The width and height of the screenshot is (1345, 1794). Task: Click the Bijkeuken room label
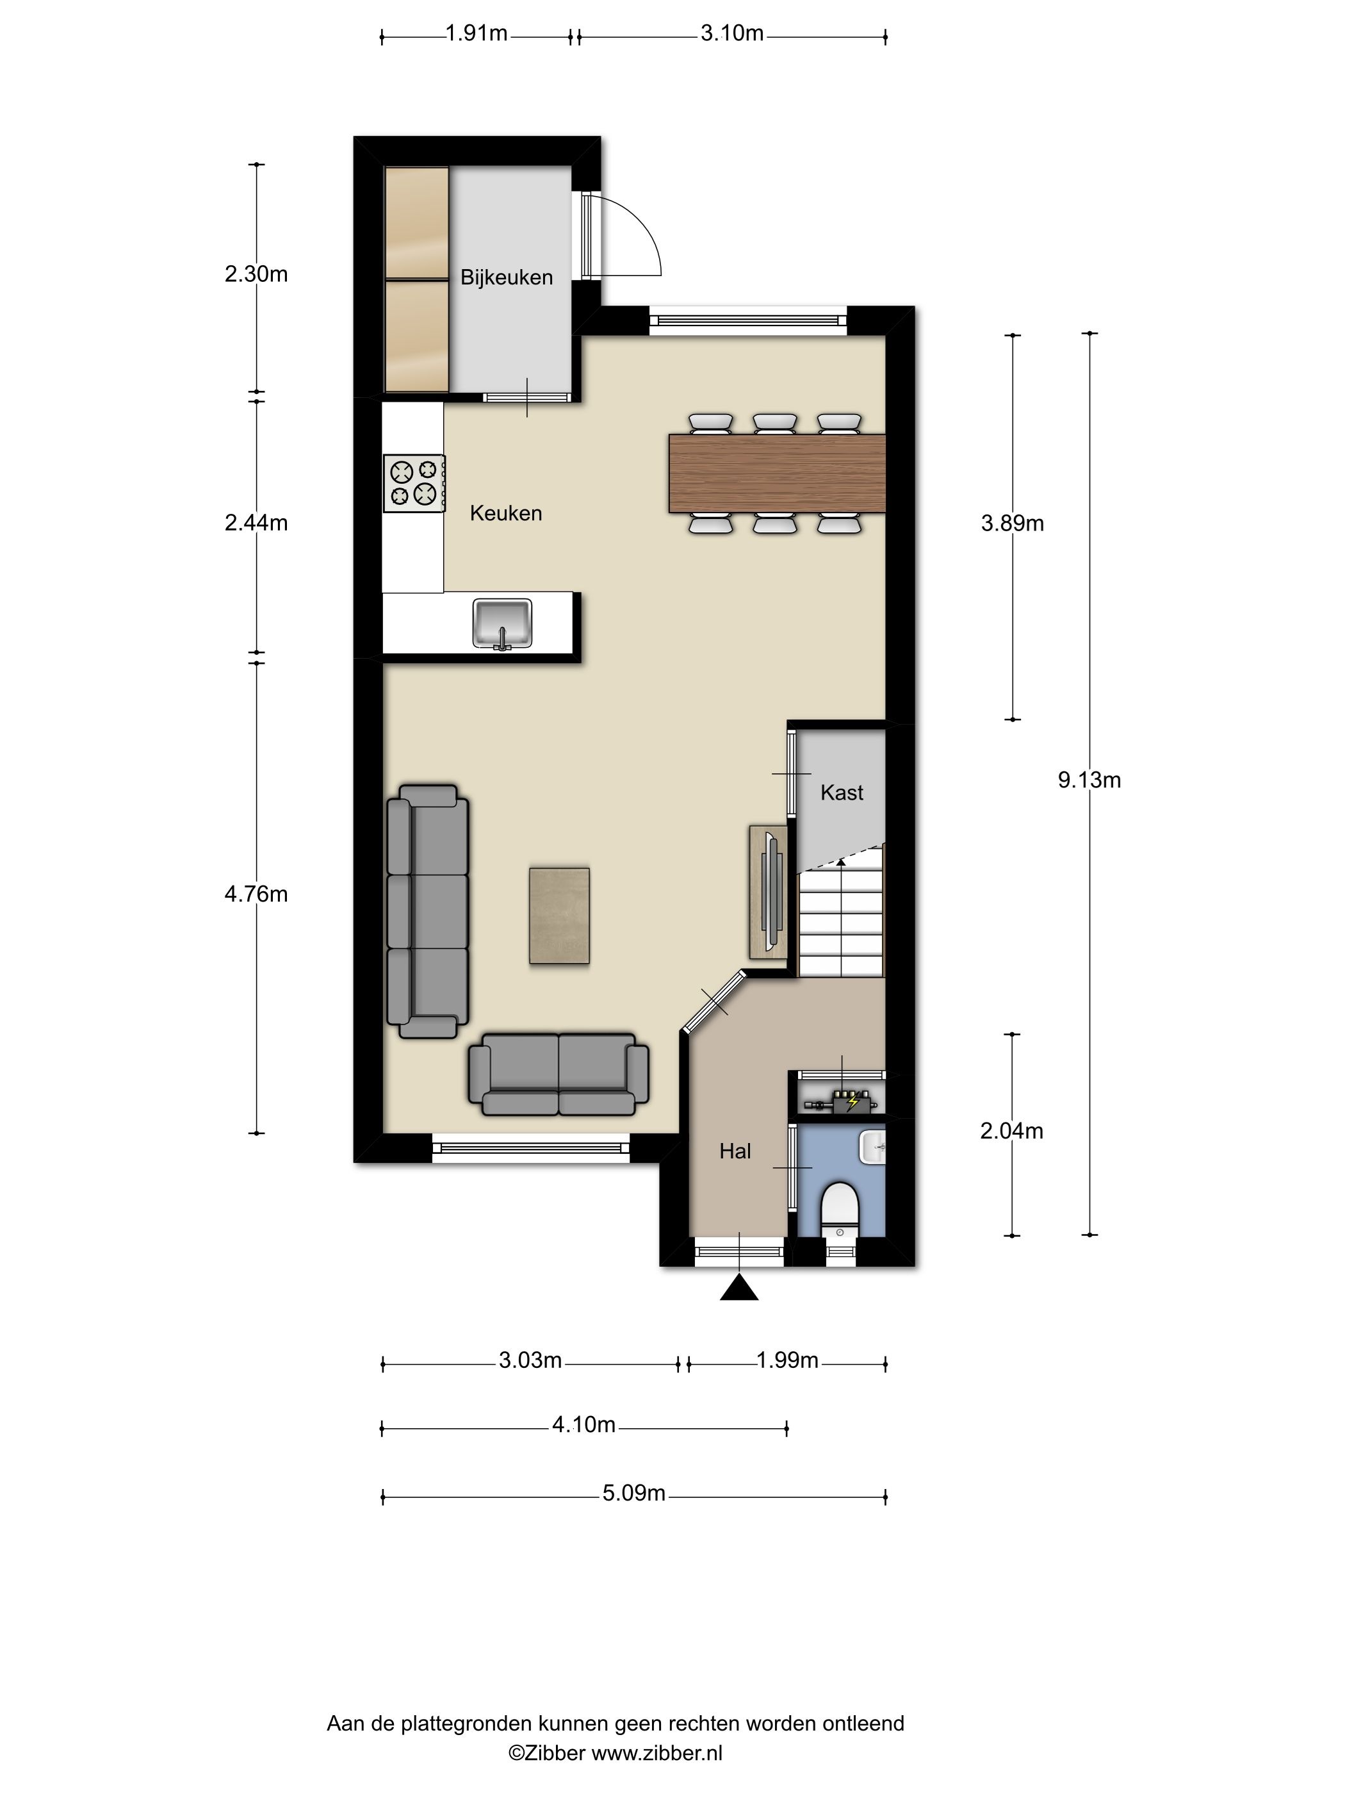tap(506, 277)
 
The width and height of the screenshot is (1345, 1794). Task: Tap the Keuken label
tap(506, 513)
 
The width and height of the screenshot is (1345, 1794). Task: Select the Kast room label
tap(842, 793)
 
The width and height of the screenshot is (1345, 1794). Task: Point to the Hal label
tap(735, 1151)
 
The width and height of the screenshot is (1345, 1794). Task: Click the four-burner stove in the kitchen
tap(414, 482)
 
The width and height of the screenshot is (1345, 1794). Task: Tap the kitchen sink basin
tap(503, 623)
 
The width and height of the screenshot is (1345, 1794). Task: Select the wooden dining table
tap(777, 473)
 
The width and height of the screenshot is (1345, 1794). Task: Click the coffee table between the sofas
tap(559, 916)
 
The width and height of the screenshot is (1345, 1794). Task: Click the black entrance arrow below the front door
tap(739, 1288)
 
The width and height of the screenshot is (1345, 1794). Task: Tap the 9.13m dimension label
tap(1089, 780)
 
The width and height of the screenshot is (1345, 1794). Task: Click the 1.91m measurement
tap(476, 33)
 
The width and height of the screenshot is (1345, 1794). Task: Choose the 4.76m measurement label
tap(256, 894)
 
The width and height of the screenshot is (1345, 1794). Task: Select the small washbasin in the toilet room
tap(873, 1148)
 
